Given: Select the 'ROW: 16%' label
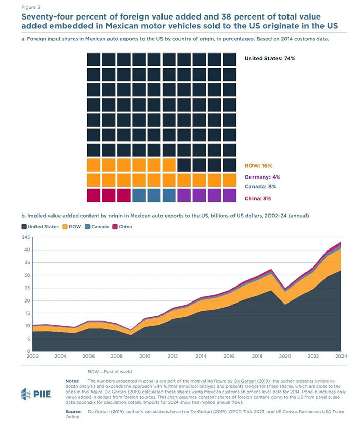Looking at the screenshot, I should click(x=258, y=166).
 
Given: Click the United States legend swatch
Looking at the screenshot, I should click(x=25, y=226).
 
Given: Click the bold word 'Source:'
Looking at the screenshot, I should click(x=73, y=412).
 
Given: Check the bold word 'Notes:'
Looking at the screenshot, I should click(x=72, y=380).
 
